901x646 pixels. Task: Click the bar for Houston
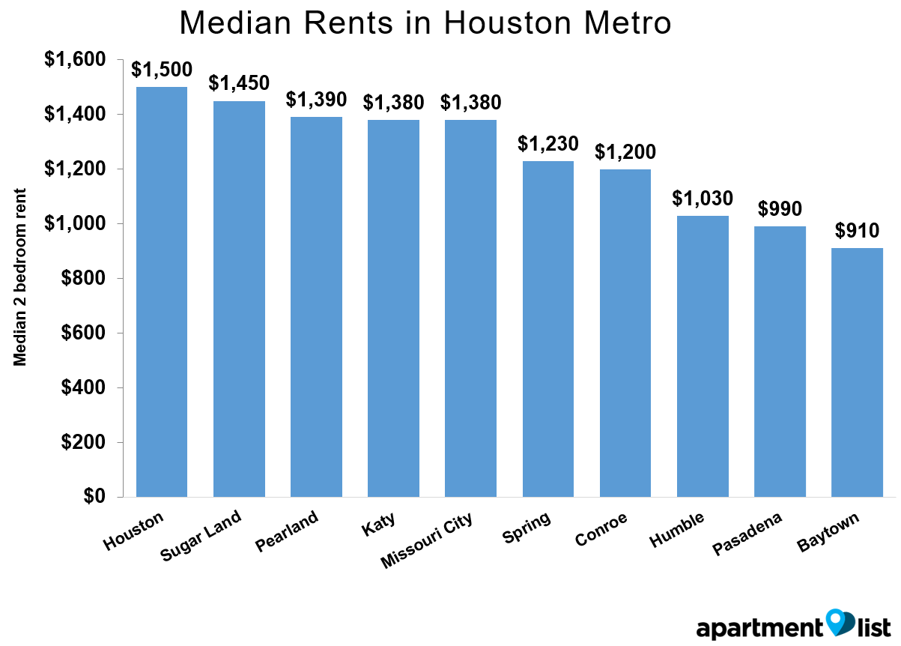coord(162,292)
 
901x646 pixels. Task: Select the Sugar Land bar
coord(239,300)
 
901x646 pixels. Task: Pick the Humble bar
coord(703,357)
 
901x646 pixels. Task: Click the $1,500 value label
coord(162,70)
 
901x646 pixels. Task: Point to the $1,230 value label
coord(548,144)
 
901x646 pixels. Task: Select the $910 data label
coord(857,231)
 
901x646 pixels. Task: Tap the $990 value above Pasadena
coord(780,209)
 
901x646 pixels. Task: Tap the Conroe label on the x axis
coord(601,529)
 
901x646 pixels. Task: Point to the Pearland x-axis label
coord(288,530)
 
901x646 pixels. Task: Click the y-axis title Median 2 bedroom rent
coord(20,277)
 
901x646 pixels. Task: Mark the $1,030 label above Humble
coord(703,199)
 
